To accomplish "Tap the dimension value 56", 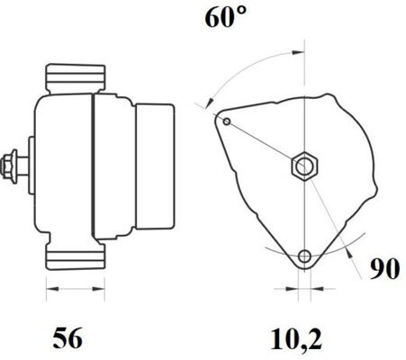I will coord(68,338).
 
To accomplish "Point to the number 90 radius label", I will coord(385,267).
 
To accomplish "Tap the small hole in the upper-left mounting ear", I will coord(228,121).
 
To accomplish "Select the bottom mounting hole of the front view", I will coord(307,256).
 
